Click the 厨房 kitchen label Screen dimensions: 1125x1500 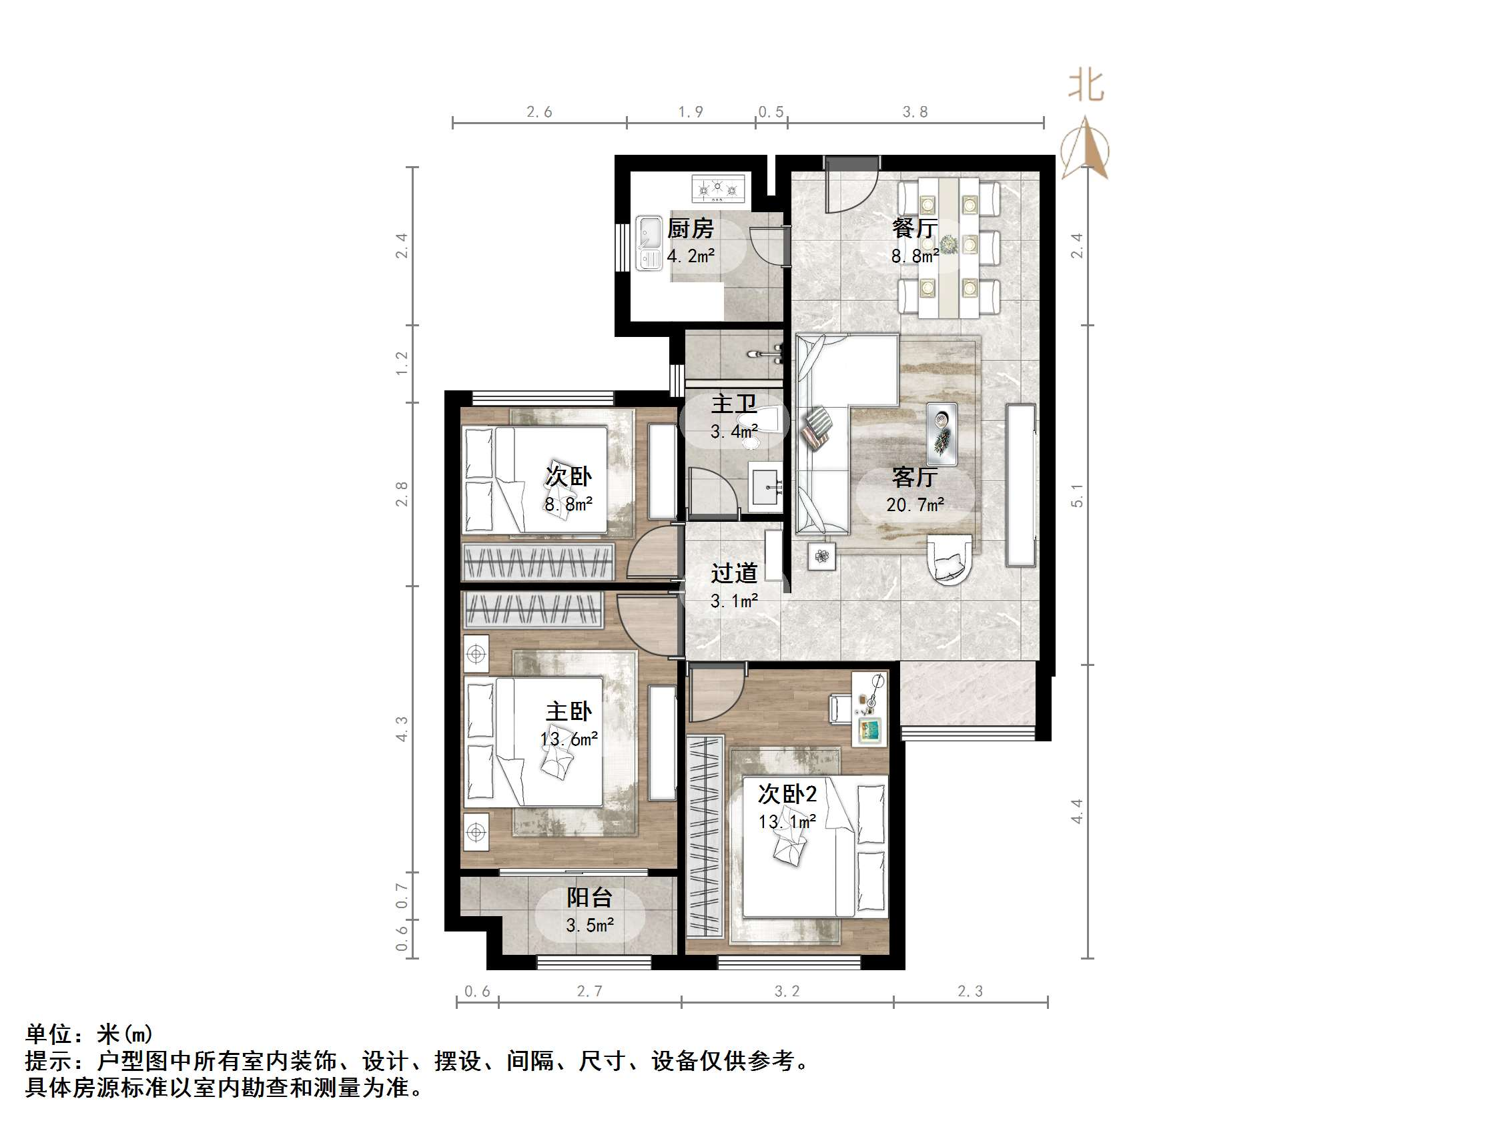(x=690, y=228)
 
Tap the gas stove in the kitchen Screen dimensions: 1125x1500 (x=717, y=188)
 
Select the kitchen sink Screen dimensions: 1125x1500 (x=649, y=243)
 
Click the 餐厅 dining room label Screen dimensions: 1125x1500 (x=914, y=228)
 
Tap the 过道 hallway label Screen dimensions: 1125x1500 (x=734, y=574)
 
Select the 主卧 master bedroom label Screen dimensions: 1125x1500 (x=569, y=711)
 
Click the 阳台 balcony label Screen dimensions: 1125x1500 (x=589, y=897)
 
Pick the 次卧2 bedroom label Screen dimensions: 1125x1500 (x=787, y=793)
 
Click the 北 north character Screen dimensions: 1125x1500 (x=1086, y=87)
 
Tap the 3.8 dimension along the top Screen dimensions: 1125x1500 (x=915, y=112)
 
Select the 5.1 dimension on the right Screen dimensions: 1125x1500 (x=1077, y=495)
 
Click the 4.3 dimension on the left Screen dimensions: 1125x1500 (x=402, y=728)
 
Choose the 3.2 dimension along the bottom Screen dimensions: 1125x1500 (x=787, y=992)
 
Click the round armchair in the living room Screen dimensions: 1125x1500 (x=950, y=558)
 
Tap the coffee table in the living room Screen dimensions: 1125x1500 (x=942, y=434)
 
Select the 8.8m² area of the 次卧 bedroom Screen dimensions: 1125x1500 (x=569, y=504)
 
